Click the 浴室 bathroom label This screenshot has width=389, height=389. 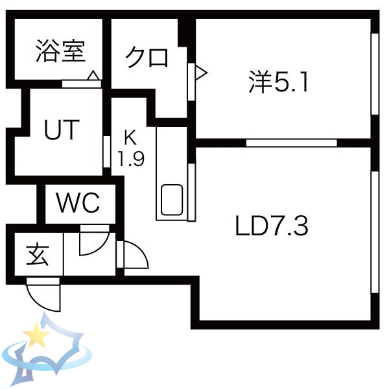pos(60,51)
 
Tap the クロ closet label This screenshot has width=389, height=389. pos(147,58)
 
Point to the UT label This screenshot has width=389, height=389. pos(62,131)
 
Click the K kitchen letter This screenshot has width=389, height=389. pos(130,138)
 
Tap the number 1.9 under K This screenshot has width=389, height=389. pos(130,159)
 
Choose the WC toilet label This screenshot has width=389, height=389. pos(78,204)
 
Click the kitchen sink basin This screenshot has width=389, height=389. pos(171,200)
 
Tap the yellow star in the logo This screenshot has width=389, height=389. pos(36,336)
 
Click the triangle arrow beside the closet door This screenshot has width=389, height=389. pos(200,72)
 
